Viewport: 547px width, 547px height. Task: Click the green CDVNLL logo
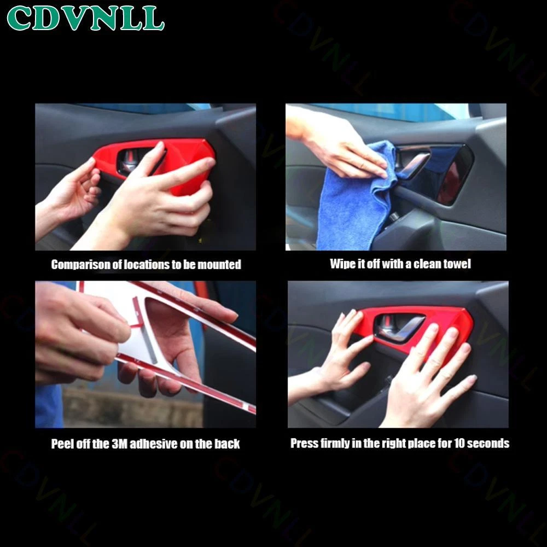pyautogui.click(x=85, y=18)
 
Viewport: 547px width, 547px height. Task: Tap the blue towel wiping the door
pyautogui.click(x=352, y=202)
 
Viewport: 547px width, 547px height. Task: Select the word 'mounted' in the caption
pyautogui.click(x=219, y=264)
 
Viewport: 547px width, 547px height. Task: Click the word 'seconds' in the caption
pyautogui.click(x=488, y=443)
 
